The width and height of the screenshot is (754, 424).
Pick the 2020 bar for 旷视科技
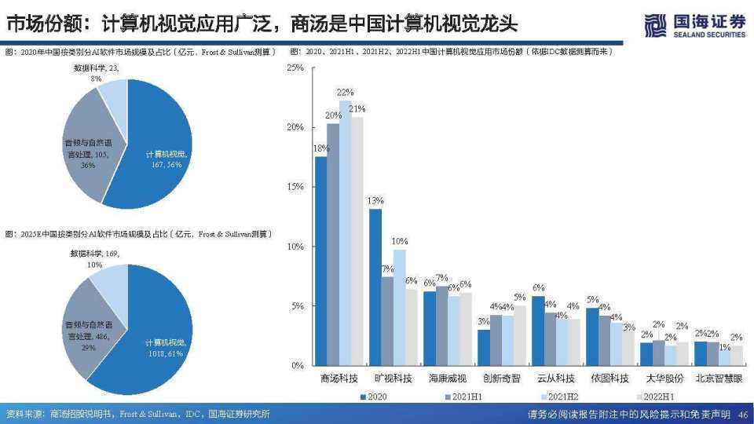coord(375,287)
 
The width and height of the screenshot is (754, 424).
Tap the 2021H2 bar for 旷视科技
coord(400,307)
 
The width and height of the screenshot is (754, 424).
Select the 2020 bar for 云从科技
coord(538,330)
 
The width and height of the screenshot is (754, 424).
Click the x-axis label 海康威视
coord(446,378)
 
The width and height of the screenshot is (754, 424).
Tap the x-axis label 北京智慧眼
coord(718,378)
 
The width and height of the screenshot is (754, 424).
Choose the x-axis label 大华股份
coord(664,378)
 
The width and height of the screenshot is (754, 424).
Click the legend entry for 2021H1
coord(465,397)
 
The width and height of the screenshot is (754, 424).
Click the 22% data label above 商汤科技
coord(345,93)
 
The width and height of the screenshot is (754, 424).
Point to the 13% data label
coord(375,200)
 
